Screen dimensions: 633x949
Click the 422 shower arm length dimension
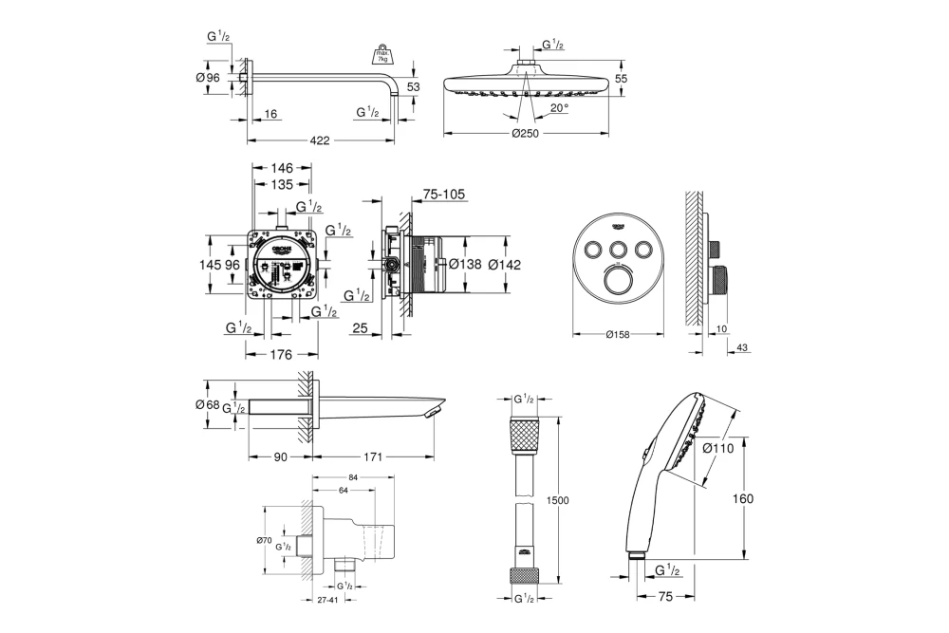[x=320, y=141]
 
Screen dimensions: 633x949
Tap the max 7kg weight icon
[x=384, y=53]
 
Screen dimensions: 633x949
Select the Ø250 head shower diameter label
[x=525, y=134]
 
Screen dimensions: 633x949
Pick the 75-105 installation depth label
[x=443, y=193]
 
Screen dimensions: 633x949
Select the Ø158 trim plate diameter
[x=618, y=334]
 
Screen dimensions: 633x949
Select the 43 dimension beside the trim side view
[x=742, y=348]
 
